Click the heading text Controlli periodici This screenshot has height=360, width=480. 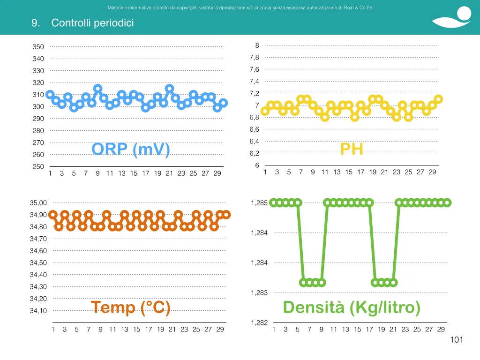[x=92, y=23]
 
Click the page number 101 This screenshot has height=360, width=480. [x=457, y=340]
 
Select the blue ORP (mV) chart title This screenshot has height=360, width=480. [x=131, y=150]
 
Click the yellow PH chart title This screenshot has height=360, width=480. [x=352, y=149]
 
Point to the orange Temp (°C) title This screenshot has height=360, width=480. [x=131, y=307]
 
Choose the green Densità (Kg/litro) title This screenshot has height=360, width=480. [x=352, y=307]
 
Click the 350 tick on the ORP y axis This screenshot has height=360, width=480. [x=38, y=47]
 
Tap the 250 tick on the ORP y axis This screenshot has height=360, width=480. [x=38, y=167]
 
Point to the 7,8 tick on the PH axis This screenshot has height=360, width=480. [x=255, y=58]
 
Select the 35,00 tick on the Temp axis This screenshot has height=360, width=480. [x=38, y=202]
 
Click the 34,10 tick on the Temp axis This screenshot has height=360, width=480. [x=38, y=311]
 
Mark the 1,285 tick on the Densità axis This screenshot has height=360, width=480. [x=259, y=203]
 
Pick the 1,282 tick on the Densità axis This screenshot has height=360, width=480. [x=259, y=322]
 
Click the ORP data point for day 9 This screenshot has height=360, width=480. [x=97, y=89]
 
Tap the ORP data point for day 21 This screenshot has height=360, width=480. [x=169, y=89]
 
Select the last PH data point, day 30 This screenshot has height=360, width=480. [x=438, y=99]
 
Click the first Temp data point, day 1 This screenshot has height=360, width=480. [x=53, y=215]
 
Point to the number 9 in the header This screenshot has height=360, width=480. [x=35, y=23]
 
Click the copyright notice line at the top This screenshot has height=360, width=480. [x=240, y=7]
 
